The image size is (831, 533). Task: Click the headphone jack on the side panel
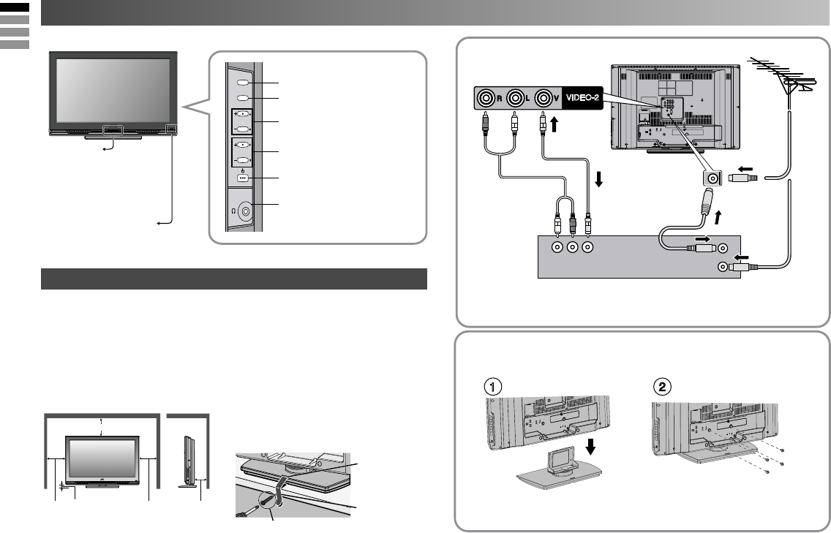244,211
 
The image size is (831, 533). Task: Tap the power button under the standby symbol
243,178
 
